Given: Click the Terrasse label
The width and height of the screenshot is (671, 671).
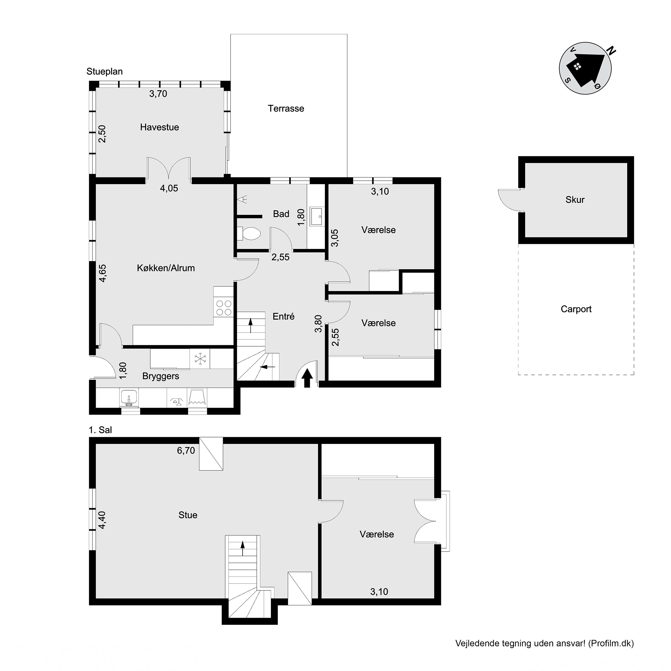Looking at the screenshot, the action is [286, 109].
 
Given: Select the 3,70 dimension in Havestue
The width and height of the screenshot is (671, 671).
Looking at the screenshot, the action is [158, 94].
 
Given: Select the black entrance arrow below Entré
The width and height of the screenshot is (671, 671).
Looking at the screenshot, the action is [307, 378].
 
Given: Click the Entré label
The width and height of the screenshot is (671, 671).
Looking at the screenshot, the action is [283, 316].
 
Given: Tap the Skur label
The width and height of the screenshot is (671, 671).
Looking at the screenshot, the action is [575, 200].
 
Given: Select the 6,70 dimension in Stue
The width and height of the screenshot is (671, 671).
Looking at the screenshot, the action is [186, 450].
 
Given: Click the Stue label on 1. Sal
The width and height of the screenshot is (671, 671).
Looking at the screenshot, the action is [188, 515].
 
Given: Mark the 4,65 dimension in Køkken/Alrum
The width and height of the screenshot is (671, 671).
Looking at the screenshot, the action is [102, 274].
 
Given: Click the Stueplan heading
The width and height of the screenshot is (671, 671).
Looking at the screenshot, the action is [104, 72].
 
